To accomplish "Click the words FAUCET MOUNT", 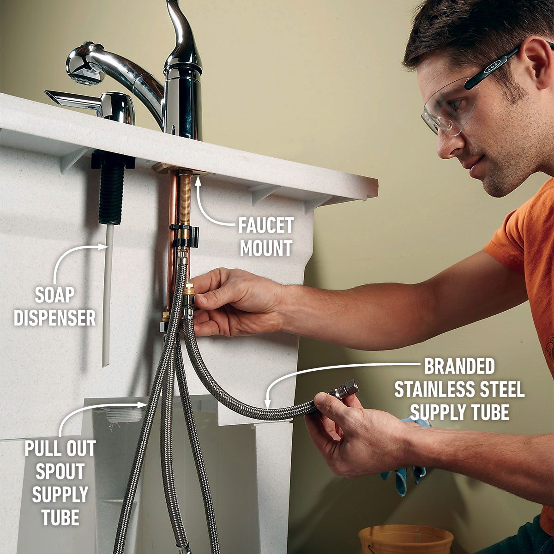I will pyautogui.click(x=266, y=237).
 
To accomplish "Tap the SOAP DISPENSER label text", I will pyautogui.click(x=55, y=307).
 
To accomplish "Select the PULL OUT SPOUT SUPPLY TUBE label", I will pyautogui.click(x=60, y=482).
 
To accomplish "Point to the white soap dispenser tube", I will pyautogui.click(x=108, y=295).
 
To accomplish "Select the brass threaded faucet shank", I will pyautogui.click(x=185, y=199).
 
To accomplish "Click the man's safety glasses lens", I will pyautogui.click(x=443, y=106).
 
